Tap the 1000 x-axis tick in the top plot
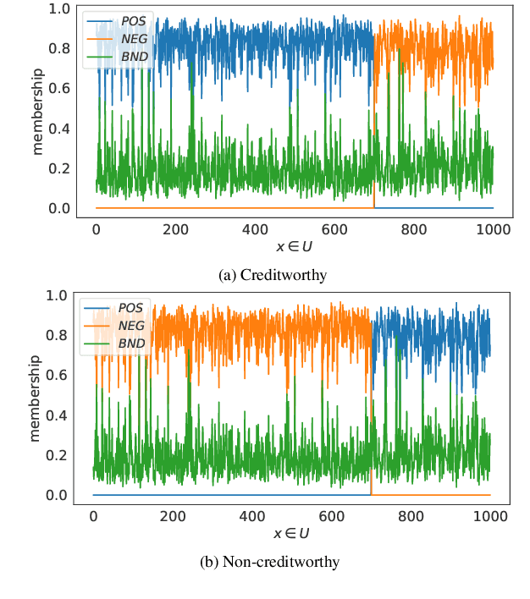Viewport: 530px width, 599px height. point(493,229)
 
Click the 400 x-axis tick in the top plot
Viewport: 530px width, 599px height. point(255,229)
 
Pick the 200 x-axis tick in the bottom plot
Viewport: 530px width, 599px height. point(173,516)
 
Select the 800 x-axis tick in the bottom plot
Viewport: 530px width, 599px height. point(411,516)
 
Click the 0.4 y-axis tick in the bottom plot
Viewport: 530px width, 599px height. point(58,415)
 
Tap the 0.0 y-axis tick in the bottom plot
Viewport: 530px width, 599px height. point(58,495)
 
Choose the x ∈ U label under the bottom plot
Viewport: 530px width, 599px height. point(290,534)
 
